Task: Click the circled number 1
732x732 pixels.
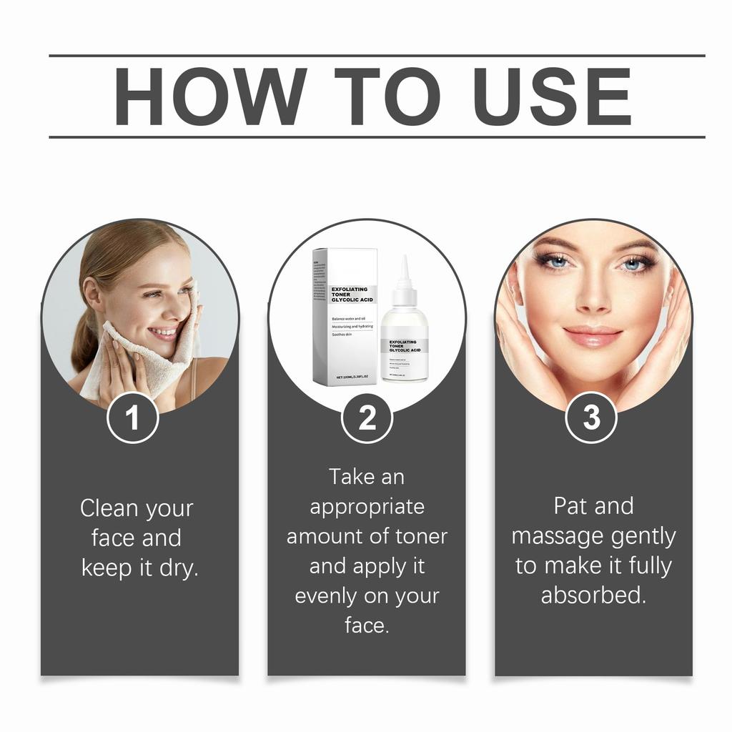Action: (x=132, y=418)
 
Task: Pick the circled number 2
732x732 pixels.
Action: (x=367, y=418)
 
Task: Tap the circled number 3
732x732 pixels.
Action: (x=591, y=418)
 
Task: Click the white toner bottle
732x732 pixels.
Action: (x=404, y=343)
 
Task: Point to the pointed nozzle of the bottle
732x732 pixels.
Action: (x=404, y=272)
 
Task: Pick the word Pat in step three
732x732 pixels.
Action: (x=570, y=506)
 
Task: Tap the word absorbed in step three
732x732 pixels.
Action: (x=593, y=595)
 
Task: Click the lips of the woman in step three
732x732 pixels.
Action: (x=593, y=336)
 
